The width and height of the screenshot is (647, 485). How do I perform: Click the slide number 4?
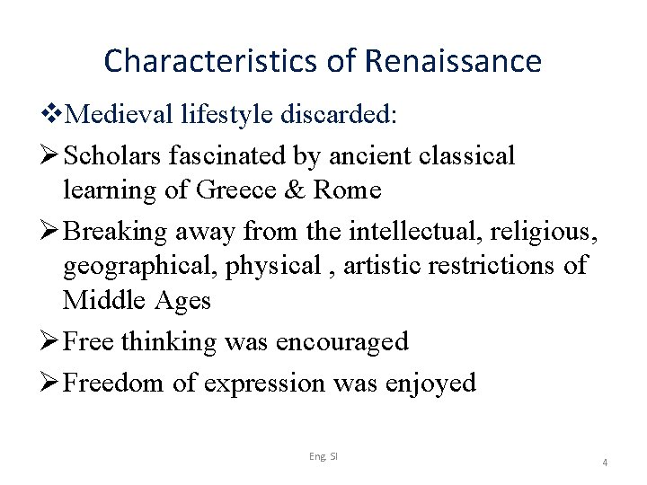point(605,463)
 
